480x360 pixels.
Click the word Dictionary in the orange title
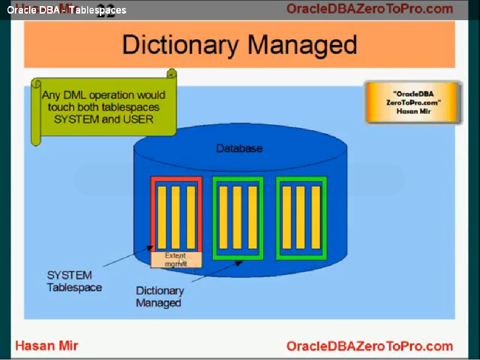click(181, 45)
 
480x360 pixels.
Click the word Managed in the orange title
click(302, 45)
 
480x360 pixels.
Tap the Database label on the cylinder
click(239, 149)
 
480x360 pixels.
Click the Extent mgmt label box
click(176, 260)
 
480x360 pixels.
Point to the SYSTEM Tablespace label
click(74, 281)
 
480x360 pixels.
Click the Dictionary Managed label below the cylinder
click(159, 297)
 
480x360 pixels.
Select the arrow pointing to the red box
click(127, 256)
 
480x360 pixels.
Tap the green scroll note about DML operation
click(103, 107)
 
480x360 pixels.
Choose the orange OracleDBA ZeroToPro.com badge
click(413, 103)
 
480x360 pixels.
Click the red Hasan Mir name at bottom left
click(46, 346)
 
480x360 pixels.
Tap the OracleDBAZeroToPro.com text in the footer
click(369, 346)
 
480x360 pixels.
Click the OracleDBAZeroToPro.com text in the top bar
click(369, 8)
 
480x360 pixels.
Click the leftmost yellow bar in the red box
click(162, 217)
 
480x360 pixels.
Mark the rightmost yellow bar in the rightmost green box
click(316, 217)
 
